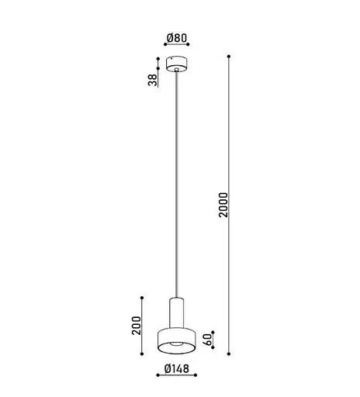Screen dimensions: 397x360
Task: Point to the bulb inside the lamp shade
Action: point(178,344)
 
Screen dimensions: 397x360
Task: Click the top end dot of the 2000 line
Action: point(229,56)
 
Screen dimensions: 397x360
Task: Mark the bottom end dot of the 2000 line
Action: point(229,354)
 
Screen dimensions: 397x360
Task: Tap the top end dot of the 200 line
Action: point(140,297)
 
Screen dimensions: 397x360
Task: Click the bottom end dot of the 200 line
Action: point(140,354)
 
